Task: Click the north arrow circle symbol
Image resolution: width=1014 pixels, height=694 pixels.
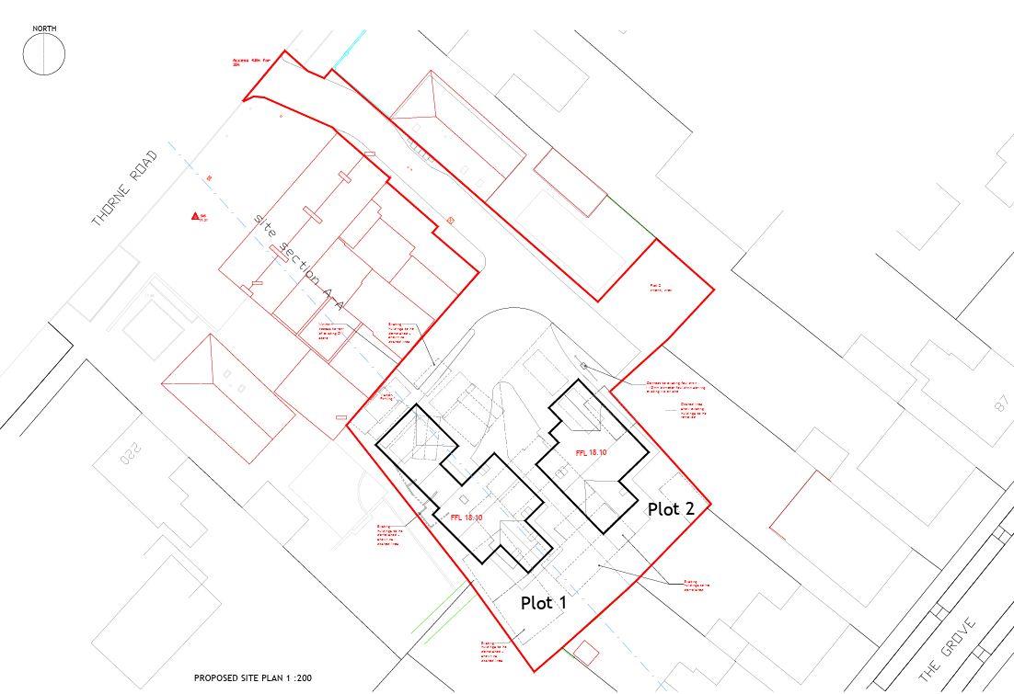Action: point(44,55)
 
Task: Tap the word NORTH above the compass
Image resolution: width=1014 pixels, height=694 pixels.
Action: point(44,29)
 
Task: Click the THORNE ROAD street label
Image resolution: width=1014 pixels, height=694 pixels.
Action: point(125,188)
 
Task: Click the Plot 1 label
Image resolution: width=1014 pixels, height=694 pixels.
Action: point(544,603)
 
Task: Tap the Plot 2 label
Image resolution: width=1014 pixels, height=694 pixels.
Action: point(671,508)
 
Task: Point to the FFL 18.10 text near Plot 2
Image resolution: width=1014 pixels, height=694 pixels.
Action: point(592,453)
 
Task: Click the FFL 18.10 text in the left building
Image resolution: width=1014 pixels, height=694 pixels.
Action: point(467,518)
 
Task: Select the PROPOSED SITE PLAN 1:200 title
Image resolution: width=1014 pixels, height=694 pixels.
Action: point(253,678)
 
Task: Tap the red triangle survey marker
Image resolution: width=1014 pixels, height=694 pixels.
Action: point(195,216)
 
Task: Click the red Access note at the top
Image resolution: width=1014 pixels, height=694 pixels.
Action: point(250,63)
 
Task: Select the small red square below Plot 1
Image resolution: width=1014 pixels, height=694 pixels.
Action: point(584,653)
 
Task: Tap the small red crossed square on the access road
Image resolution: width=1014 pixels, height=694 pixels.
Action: point(450,220)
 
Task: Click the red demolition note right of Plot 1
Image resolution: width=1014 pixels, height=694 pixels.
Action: point(697,585)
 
